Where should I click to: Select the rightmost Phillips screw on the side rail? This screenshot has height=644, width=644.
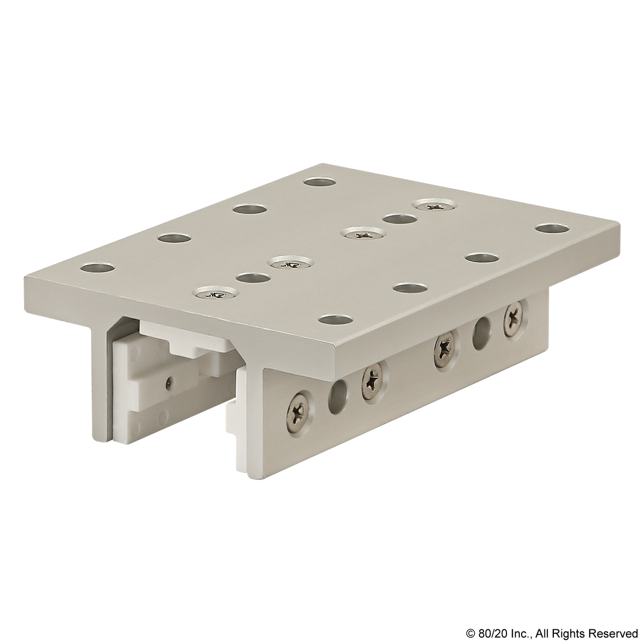[x=515, y=316]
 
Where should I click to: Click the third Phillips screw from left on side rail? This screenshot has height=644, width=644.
[x=446, y=345]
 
